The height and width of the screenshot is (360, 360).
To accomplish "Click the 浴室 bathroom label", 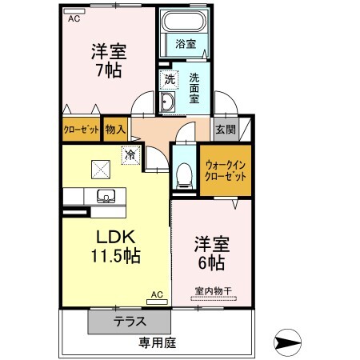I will pyautogui.click(x=186, y=44).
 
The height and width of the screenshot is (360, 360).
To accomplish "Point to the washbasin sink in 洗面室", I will pyautogui.click(x=168, y=102).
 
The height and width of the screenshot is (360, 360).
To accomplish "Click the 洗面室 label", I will pyautogui.click(x=195, y=90).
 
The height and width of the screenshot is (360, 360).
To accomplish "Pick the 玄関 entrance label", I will pyautogui.click(x=223, y=129).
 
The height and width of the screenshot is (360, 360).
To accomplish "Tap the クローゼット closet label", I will pyautogui.click(x=82, y=129).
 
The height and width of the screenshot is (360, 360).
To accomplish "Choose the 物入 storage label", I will pyautogui.click(x=115, y=129).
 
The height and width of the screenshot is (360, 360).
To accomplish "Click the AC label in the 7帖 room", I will pyautogui.click(x=74, y=18).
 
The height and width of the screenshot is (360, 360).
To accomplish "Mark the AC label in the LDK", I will pyautogui.click(x=157, y=295).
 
